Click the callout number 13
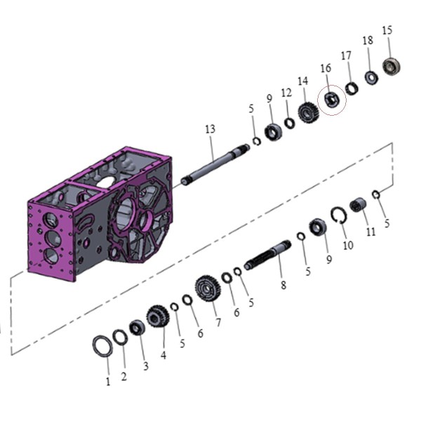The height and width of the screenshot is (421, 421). pos(210,129)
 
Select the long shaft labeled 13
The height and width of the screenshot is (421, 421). pos(215,164)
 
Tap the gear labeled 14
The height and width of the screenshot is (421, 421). pos(308,112)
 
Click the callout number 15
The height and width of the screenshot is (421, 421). pos(387,30)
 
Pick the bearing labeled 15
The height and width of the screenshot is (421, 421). pos(392,66)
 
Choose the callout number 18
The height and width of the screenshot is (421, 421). pos(368,41)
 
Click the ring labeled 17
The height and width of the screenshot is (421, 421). pos(352,88)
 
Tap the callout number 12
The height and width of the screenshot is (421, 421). pos(286,93)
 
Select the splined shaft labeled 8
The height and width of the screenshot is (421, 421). pos(268,255)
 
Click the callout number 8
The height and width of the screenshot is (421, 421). pos(283,285)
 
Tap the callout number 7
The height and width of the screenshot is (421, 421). pos(218,323)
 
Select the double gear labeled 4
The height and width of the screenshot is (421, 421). pos(158,316)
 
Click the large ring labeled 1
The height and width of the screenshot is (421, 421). pos(102,347)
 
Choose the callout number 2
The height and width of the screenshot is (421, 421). pos(123,377)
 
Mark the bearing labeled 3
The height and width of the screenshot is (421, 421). pos(138,328)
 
